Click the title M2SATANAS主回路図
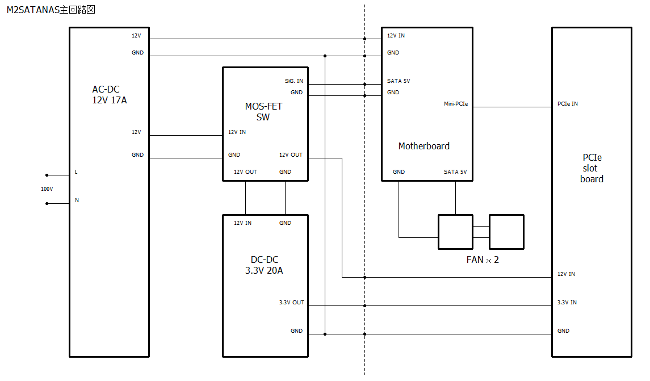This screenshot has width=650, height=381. point(51,10)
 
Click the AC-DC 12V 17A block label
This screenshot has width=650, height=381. point(110,95)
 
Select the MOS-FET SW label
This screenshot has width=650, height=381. point(263,112)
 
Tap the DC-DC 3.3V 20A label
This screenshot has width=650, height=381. point(264,265)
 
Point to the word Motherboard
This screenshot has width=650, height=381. point(423,146)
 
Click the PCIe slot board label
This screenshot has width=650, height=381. point(592,168)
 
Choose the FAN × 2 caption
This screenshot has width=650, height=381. point(483,260)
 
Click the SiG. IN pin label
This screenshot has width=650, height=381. point(293,81)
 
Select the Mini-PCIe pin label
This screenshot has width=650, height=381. point(456,104)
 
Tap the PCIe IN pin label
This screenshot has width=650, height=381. point(568,104)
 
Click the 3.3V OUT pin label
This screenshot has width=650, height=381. point(291,303)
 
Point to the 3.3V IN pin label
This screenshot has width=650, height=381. point(567,303)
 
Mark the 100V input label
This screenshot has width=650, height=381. point(47,189)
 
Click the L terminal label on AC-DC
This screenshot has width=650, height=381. point(76,172)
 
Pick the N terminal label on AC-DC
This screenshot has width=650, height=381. point(77,200)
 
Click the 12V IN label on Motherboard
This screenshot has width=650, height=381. point(396,36)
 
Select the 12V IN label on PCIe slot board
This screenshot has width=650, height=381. point(566,274)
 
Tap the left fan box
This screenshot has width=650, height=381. point(455,232)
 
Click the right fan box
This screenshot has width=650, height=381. point(506,232)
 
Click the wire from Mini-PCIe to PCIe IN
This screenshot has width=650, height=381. point(513,107)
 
